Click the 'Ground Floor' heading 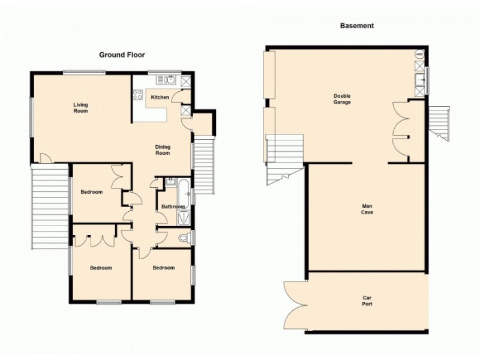(122, 55)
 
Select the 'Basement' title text (356, 26)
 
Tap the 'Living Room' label (80, 108)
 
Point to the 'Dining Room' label (163, 150)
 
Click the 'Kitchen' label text (160, 97)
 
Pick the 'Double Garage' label (343, 99)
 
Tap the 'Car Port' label (367, 301)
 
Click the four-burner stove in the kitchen (137, 94)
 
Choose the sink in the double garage (420, 80)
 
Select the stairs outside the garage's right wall (440, 123)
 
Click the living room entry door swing (44, 158)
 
